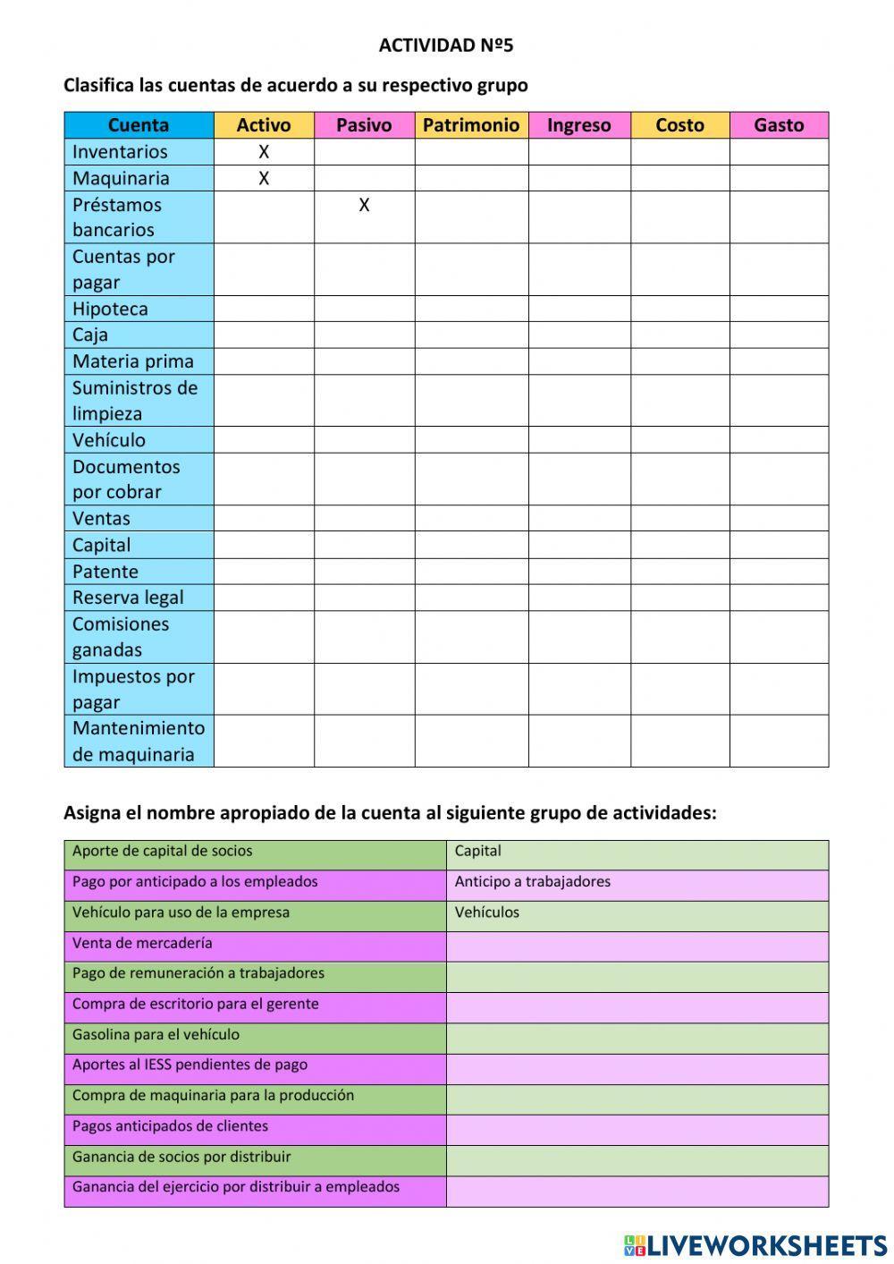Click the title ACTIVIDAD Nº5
click(x=446, y=46)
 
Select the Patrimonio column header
click(x=471, y=125)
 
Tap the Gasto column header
click(x=779, y=125)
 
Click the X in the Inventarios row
click(x=264, y=152)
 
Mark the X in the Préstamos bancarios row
click(x=364, y=206)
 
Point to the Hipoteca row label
click(x=110, y=310)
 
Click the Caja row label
click(x=90, y=335)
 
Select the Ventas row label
click(x=101, y=519)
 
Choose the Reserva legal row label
click(x=128, y=598)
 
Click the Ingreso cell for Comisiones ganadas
click(x=579, y=637)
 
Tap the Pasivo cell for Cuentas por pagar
click(x=364, y=269)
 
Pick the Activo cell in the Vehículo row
click(x=264, y=440)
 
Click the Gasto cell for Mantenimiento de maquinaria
click(x=779, y=741)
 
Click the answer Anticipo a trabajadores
click(x=532, y=882)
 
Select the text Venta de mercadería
click(x=142, y=943)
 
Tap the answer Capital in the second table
click(x=477, y=852)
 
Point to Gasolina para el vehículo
click(x=156, y=1035)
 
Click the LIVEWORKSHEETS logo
click(x=755, y=1244)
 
